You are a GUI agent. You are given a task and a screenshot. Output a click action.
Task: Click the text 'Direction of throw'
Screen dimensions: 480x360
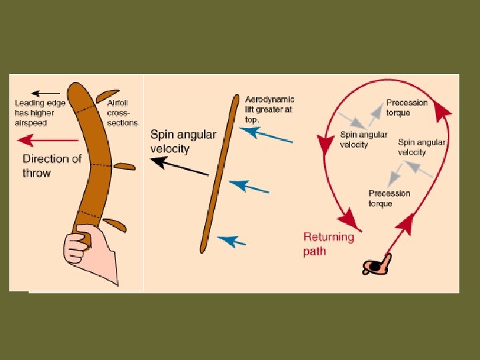point(52,165)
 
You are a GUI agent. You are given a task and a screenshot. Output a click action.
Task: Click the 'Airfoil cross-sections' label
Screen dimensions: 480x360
point(122,113)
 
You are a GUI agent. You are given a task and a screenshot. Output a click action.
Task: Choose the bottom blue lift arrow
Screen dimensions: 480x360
point(231,240)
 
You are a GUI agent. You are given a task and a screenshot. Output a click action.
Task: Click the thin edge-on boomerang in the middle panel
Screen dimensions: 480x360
point(219,173)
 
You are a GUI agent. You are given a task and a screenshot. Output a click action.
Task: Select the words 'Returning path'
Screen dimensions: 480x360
point(329,243)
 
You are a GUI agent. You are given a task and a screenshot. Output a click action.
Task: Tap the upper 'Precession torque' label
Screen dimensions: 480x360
point(407,107)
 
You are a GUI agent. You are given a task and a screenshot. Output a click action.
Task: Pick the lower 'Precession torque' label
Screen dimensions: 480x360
point(389,198)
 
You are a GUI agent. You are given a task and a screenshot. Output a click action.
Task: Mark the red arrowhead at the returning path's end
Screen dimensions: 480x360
point(346,217)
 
